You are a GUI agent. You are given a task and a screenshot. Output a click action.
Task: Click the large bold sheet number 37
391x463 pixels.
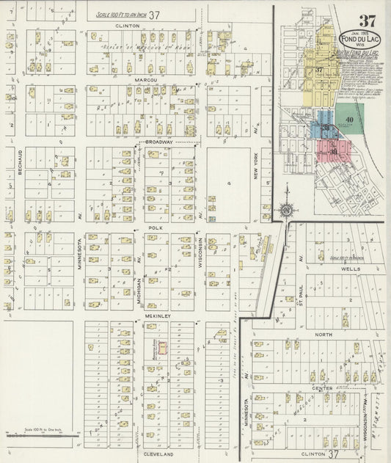[367, 20]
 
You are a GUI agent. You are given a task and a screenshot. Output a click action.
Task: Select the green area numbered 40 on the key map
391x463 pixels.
[349, 120]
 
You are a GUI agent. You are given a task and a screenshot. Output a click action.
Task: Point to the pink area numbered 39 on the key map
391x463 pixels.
[334, 151]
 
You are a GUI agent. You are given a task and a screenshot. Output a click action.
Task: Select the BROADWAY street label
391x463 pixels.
[158, 142]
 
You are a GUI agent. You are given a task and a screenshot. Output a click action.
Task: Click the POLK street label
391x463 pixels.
[155, 227]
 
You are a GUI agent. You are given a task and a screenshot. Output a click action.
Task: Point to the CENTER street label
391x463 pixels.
[321, 387]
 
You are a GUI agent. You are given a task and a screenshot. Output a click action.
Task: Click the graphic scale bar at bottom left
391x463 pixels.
[42, 434]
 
